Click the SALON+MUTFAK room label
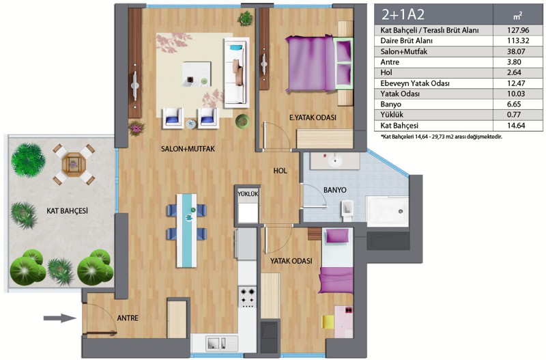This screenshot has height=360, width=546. point(188,149)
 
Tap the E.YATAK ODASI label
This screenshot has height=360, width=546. point(313,117)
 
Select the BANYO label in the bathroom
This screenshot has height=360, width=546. point(334,190)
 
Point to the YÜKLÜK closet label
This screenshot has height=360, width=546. point(248,193)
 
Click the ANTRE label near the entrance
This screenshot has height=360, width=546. point(128,318)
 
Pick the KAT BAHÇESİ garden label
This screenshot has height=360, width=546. point(67,210)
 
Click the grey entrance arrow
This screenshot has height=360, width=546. point(59,318)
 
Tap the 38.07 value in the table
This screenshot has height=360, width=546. point(518,52)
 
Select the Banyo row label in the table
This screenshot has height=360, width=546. point(390,105)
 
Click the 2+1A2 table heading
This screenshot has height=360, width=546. point(403,14)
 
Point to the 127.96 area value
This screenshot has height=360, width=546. point(518,30)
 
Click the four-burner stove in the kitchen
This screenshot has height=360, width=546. point(248,296)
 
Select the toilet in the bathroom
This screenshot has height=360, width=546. point(347,211)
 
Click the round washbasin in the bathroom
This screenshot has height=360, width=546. point(336,161)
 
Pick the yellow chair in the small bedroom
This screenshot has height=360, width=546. point(328,322)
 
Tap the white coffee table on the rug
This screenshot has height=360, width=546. point(197,74)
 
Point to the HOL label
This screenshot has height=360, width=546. point(281,171)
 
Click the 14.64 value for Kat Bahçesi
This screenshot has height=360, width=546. point(518,126)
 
